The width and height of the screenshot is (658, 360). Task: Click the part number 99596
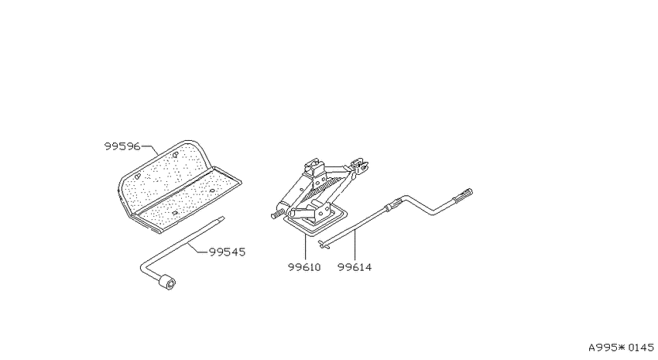click(122, 146)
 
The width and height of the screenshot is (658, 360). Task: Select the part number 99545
click(227, 252)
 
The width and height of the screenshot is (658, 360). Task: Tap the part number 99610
click(304, 267)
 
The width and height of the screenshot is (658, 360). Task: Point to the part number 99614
click(355, 267)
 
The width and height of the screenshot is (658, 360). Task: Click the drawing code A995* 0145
click(621, 348)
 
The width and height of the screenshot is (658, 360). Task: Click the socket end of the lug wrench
click(166, 282)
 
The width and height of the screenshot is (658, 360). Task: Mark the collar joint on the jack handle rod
click(391, 206)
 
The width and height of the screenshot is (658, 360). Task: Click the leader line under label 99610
click(305, 248)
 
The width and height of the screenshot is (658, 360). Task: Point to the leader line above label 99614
click(355, 246)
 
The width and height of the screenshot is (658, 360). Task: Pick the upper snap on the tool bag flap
click(175, 155)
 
